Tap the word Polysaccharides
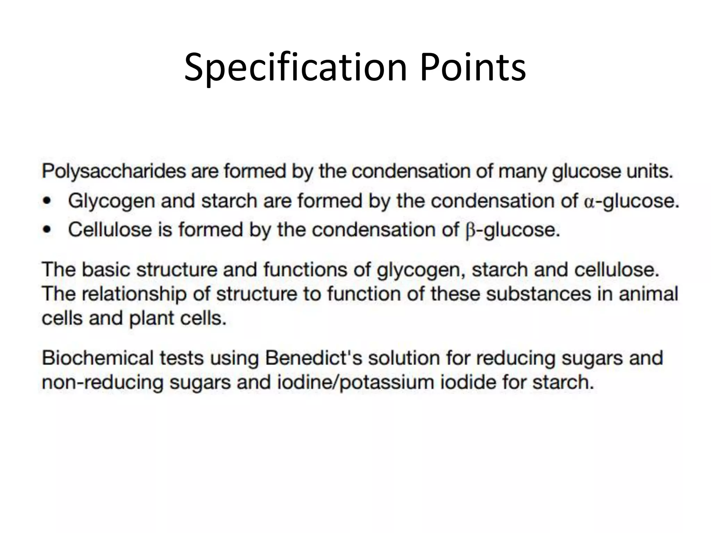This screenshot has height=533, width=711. (x=114, y=171)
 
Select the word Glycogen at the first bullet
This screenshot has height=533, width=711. (x=111, y=201)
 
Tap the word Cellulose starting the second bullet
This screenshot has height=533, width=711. (x=110, y=230)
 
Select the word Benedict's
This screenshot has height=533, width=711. (x=314, y=358)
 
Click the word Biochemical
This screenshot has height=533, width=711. (x=98, y=358)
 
